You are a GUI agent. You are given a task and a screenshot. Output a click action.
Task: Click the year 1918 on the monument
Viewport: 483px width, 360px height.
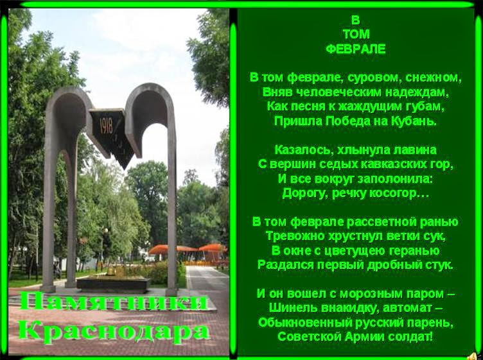(x=106, y=126)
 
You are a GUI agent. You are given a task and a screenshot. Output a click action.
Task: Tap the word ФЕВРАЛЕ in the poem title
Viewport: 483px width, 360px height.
(x=355, y=49)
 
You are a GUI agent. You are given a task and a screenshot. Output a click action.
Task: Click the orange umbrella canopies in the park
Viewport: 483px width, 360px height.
(x=188, y=248)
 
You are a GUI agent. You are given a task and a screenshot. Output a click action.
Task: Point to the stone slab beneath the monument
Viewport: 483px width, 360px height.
(x=113, y=284)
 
